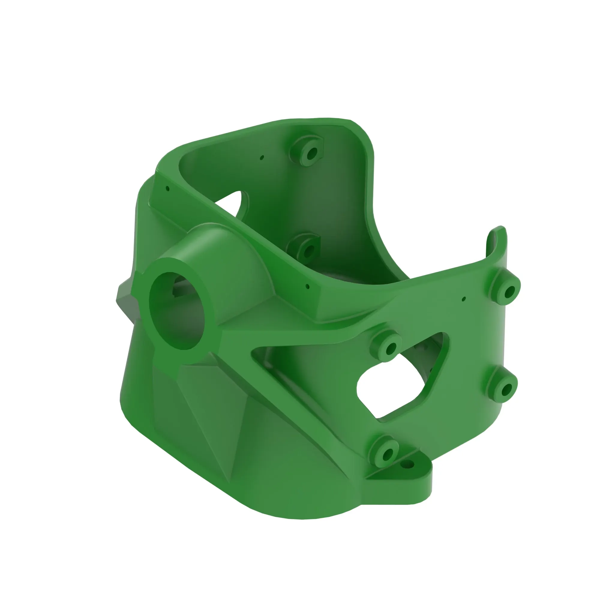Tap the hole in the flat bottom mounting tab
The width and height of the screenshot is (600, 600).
[409, 465]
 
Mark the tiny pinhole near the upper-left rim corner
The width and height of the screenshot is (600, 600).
[168, 188]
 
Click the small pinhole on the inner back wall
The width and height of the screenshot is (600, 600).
[262, 158]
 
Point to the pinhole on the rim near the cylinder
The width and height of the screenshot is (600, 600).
[307, 286]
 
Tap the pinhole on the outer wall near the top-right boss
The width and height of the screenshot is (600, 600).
[464, 299]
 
